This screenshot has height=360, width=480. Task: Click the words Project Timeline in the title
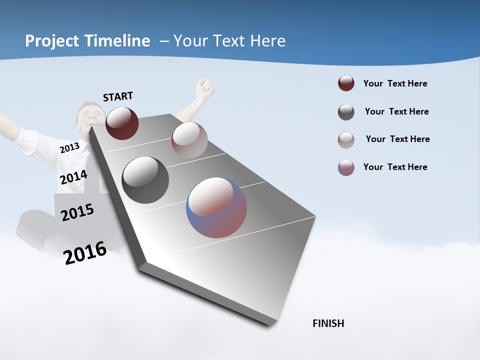tap(87, 41)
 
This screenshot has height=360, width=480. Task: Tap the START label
tap(118, 96)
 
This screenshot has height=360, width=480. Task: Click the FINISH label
tap(328, 323)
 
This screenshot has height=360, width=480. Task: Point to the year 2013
tap(69, 148)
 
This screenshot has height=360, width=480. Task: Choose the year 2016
tap(85, 253)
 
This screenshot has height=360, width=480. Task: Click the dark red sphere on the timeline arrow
tap(122, 123)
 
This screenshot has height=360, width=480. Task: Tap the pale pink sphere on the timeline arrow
tap(189, 139)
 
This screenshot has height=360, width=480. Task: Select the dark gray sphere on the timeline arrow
tap(145, 180)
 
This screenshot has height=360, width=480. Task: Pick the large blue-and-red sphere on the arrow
tap(216, 207)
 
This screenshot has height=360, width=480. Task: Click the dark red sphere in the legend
tap(346, 83)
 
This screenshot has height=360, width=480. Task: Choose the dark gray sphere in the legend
tap(346, 112)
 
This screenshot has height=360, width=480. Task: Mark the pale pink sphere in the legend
tap(346, 140)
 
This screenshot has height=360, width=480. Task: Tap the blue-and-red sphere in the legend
tap(346, 167)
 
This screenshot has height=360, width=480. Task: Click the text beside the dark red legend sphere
tap(395, 83)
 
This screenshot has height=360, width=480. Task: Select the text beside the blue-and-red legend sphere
tap(395, 167)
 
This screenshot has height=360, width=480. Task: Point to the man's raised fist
tap(205, 87)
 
